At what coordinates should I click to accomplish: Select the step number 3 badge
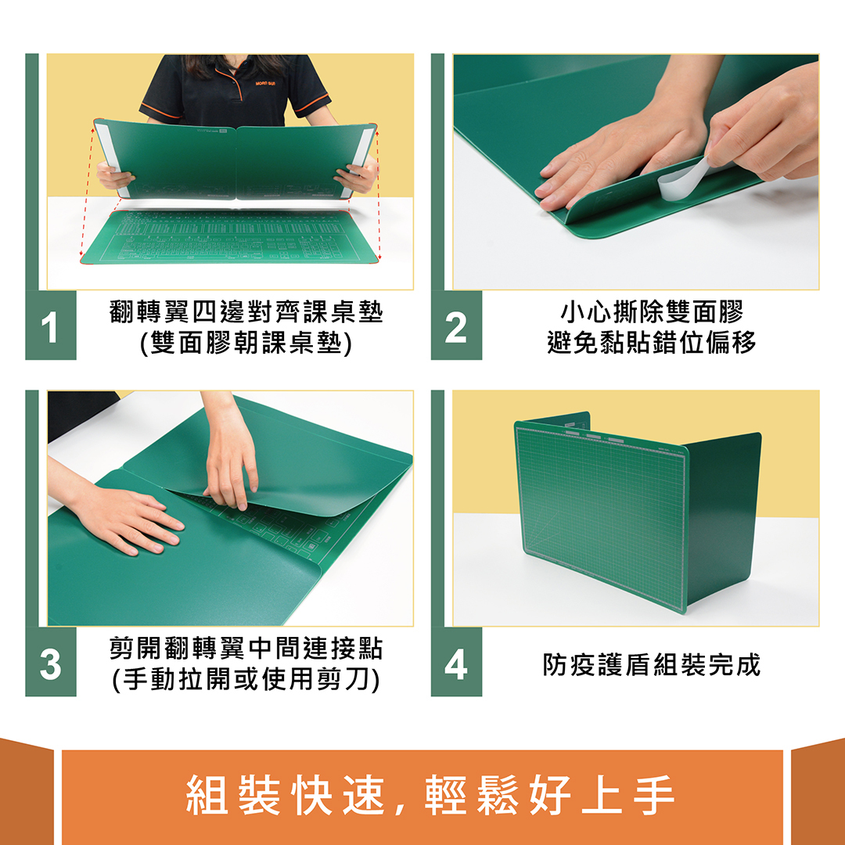coord(51,664)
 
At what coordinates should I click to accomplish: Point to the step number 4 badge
coord(456,664)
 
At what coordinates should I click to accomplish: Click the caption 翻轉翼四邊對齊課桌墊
coord(246,313)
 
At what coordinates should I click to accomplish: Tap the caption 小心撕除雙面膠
coord(651,313)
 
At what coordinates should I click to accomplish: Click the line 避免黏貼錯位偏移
coord(651,343)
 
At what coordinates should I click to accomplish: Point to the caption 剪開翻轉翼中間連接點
coord(246,649)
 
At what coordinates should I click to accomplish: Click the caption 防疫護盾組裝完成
coord(651,665)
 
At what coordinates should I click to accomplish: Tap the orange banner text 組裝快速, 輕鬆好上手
coord(430,796)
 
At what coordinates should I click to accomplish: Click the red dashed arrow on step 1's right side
coord(379,196)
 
